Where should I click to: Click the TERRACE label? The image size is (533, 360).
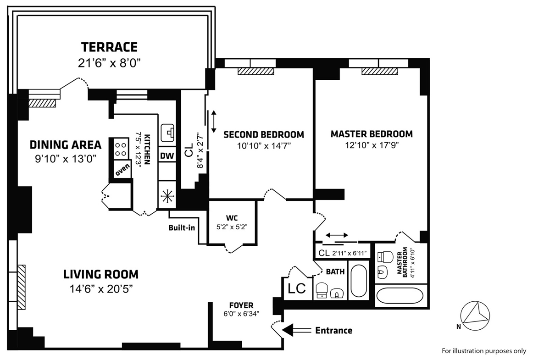coord(109,47)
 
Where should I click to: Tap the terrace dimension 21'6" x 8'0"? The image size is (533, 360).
coord(109,63)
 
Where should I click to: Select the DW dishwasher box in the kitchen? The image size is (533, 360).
coord(167,155)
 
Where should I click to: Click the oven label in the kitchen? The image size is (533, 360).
coord(122,170)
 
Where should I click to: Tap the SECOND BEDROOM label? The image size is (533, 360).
coord(263,135)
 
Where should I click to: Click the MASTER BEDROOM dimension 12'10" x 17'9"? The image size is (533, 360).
coord(372,145)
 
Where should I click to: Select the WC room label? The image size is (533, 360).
coord(232,218)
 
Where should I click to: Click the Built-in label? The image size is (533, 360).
coord(182,228)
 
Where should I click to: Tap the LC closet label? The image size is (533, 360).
coord(297,288)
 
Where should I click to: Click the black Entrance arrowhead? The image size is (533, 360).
coord(288,330)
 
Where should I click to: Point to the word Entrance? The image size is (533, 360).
coord(333,331)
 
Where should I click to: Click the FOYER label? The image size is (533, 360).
coord(241,305)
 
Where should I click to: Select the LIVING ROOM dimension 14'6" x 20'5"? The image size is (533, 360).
coord(101,289)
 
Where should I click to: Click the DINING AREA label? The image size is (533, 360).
coord(66,145)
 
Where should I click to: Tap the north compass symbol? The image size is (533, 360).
coord(475,316)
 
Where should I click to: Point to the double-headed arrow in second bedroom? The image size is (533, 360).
coord(214,122)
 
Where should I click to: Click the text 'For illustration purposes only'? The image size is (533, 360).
coord(484,351)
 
